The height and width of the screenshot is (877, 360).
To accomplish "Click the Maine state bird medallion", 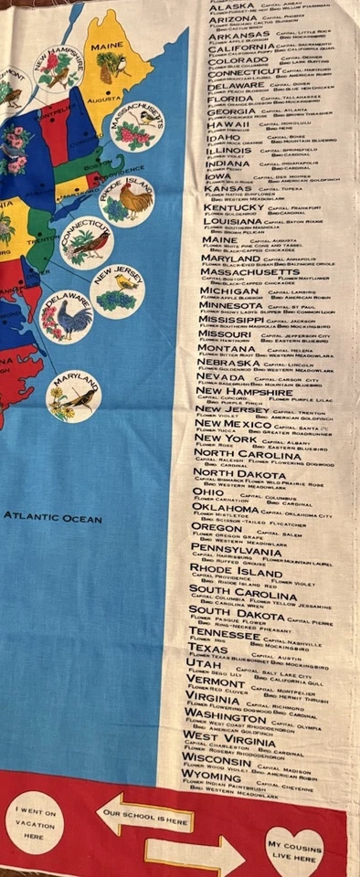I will [112, 65].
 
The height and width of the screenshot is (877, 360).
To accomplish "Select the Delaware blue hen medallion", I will [66, 316].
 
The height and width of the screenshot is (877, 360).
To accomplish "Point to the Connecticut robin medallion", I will [87, 241].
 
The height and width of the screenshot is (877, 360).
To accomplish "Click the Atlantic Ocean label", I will [52, 516].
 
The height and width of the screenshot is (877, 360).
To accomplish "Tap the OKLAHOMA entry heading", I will [225, 508].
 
